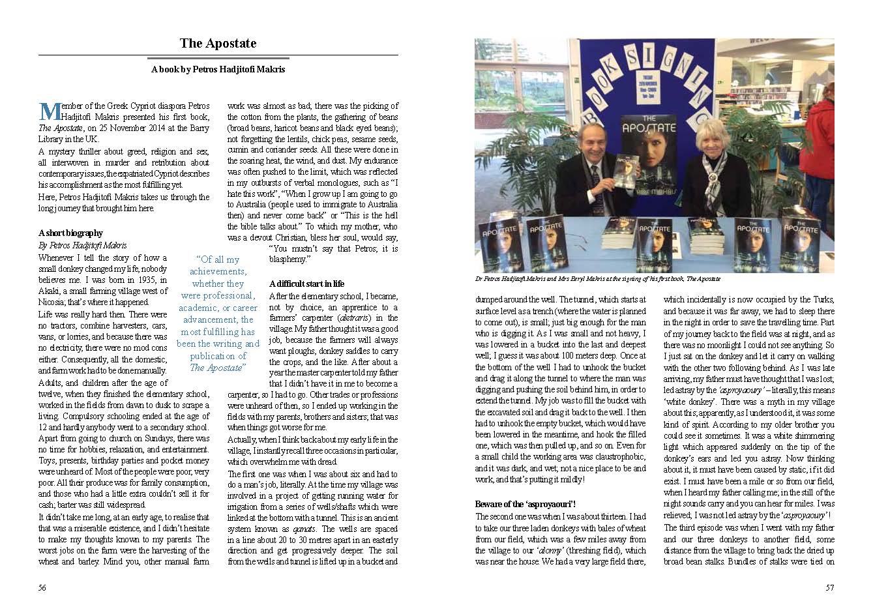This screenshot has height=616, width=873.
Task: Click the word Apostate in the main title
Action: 233,44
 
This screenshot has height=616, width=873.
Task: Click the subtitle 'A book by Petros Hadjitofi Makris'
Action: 218,69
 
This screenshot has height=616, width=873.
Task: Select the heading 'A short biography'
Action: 70,233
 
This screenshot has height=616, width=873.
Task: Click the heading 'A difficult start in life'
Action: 306,284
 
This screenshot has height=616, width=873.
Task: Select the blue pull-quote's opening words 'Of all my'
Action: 218,259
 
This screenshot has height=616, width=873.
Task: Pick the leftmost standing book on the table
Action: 494,241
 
